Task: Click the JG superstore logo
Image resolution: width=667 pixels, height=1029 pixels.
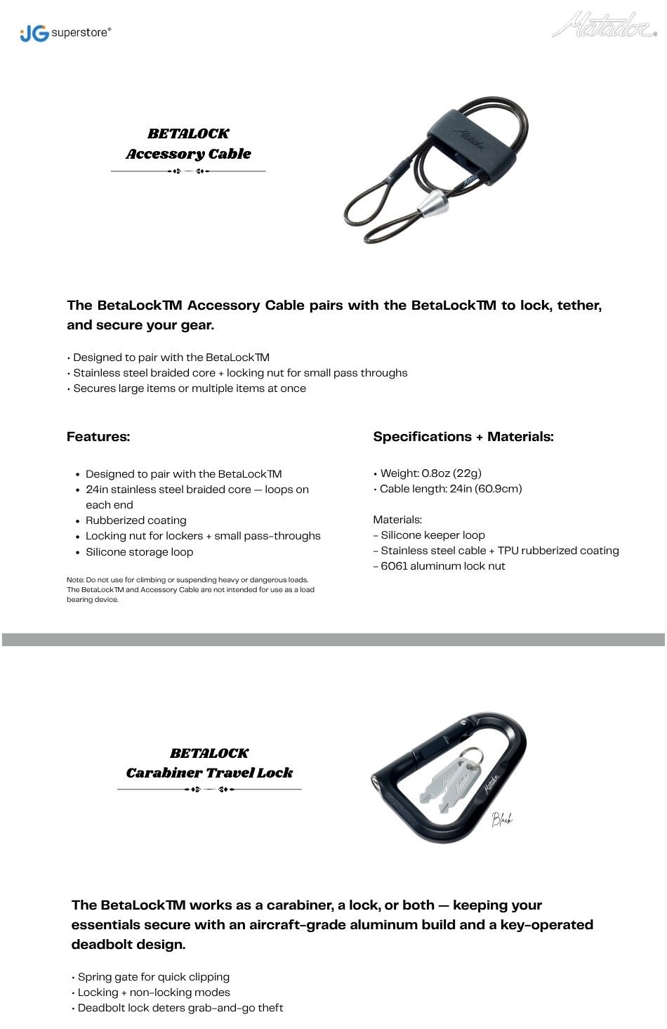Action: click(x=65, y=32)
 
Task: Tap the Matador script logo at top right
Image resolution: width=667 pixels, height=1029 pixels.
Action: click(x=604, y=26)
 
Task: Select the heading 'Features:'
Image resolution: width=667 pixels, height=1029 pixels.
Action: click(x=98, y=437)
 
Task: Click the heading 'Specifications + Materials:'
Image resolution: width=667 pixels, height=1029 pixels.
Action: click(x=463, y=437)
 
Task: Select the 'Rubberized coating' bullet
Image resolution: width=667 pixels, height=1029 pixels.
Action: click(x=136, y=520)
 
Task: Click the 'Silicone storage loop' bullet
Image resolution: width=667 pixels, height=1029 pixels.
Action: click(x=139, y=552)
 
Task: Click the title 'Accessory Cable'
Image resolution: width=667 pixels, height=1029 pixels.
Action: click(x=188, y=154)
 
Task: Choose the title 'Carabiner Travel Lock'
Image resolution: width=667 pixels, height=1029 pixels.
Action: click(x=209, y=773)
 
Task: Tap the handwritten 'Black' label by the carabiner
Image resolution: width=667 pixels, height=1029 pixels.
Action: click(x=502, y=818)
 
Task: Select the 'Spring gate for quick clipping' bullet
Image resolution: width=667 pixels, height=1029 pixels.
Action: click(x=153, y=977)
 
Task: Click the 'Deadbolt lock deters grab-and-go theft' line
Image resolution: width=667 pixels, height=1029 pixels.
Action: click(x=180, y=1008)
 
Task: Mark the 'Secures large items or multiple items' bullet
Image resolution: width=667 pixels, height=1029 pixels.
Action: click(x=190, y=388)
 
